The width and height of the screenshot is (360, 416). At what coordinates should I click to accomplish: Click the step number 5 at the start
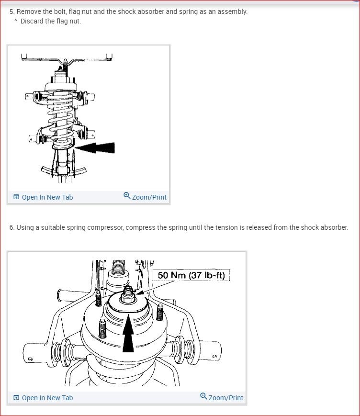click(x=11, y=11)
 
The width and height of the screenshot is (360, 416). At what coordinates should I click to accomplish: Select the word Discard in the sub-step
click(x=32, y=22)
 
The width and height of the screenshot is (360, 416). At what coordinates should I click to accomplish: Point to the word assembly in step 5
click(x=231, y=11)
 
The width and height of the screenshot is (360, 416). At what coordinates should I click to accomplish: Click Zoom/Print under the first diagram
click(x=149, y=197)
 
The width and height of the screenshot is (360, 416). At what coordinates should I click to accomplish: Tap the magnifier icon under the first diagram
click(x=127, y=196)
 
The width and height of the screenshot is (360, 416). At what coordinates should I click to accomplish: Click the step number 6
click(x=11, y=227)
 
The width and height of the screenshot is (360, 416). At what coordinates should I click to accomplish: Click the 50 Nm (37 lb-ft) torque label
click(x=191, y=275)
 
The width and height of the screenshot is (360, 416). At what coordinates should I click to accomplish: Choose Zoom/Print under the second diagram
click(x=225, y=398)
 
